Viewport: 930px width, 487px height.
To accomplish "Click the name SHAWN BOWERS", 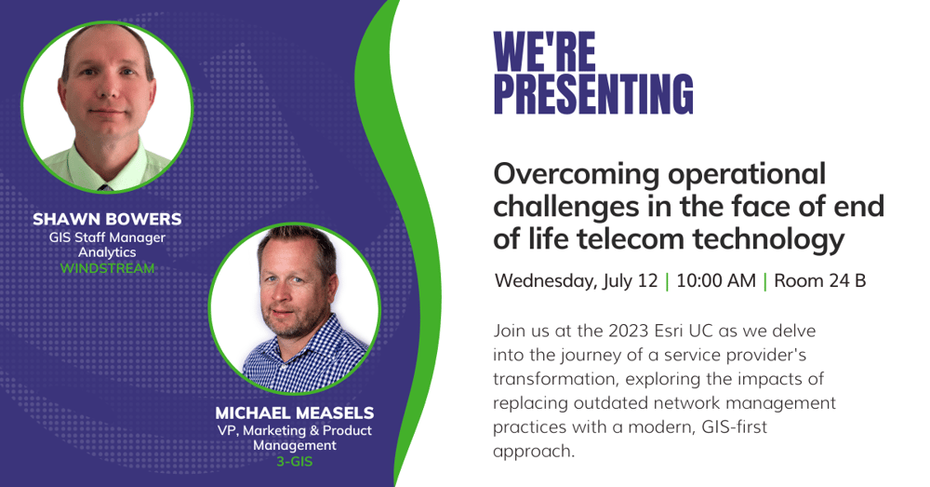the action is click(x=107, y=219).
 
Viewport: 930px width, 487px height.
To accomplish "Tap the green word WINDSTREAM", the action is click(x=107, y=268).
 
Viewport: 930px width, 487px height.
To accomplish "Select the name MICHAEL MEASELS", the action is click(x=295, y=413).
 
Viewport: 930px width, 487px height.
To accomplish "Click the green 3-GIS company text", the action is click(x=295, y=462).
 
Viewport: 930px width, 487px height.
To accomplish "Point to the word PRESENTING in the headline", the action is click(x=593, y=94).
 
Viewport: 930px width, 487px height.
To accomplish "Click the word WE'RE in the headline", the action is click(x=544, y=51).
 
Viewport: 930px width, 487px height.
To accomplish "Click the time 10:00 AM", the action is click(x=716, y=280).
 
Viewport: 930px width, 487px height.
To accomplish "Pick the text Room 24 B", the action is click(x=819, y=280).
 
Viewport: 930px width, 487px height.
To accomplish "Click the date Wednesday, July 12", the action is click(x=577, y=281).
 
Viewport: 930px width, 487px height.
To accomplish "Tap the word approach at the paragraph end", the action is click(x=534, y=452).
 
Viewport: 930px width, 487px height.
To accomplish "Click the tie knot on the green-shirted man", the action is click(x=105, y=187).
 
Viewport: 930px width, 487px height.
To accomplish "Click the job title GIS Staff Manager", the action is click(x=107, y=237).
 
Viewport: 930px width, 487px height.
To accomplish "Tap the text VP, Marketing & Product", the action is click(x=295, y=430).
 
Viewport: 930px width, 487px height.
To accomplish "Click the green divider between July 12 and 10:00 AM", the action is click(x=667, y=281).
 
